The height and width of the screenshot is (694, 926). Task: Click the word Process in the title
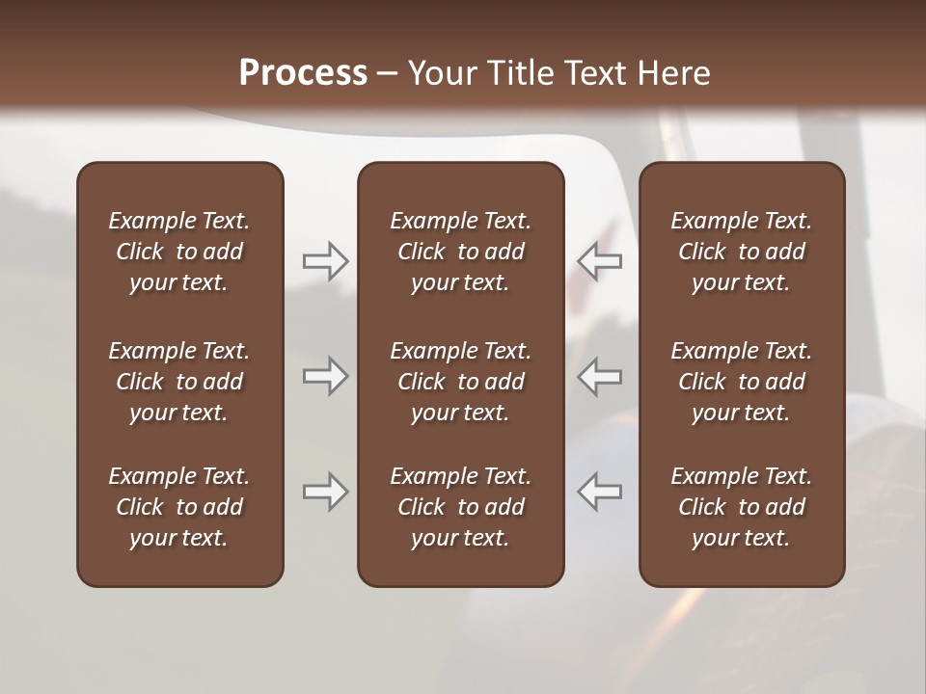pyautogui.click(x=303, y=73)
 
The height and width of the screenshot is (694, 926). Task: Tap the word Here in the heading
pyautogui.click(x=674, y=73)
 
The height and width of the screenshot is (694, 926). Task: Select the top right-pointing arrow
pyautogui.click(x=325, y=261)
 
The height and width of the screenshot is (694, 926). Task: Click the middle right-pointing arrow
pyautogui.click(x=325, y=376)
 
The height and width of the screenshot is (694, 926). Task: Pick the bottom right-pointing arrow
pyautogui.click(x=325, y=492)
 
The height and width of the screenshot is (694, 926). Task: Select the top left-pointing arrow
pyautogui.click(x=600, y=261)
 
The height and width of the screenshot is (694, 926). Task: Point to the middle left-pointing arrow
pyautogui.click(x=600, y=376)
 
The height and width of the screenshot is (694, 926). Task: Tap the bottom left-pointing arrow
pyautogui.click(x=600, y=492)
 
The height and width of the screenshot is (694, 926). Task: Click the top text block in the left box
pyautogui.click(x=179, y=252)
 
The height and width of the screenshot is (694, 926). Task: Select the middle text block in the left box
pyautogui.click(x=179, y=382)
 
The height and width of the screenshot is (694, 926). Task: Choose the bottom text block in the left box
pyautogui.click(x=179, y=507)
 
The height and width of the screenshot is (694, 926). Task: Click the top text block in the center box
pyautogui.click(x=460, y=252)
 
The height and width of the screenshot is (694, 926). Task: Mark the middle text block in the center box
pyautogui.click(x=460, y=382)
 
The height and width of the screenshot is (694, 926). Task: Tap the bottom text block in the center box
pyautogui.click(x=460, y=507)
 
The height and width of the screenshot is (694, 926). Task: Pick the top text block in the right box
pyautogui.click(x=741, y=252)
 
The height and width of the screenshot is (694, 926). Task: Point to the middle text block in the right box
pyautogui.click(x=741, y=382)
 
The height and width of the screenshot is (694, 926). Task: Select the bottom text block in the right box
pyautogui.click(x=741, y=507)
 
